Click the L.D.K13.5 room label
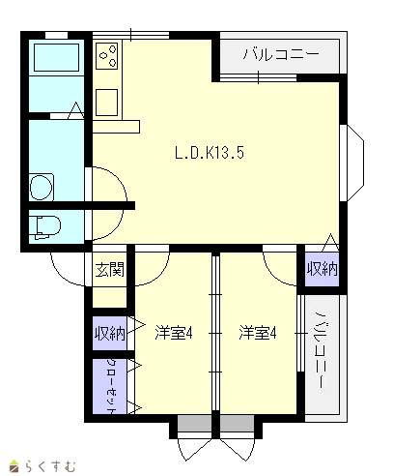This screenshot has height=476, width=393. (x=210, y=153)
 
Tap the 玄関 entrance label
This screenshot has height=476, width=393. (x=110, y=269)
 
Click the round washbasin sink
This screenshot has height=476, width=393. (x=42, y=188)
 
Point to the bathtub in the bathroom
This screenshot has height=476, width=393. (x=56, y=57)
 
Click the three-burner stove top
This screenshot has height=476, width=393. (x=107, y=55)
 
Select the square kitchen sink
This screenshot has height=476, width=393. (x=107, y=103)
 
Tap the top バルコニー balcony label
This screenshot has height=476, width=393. (x=281, y=54)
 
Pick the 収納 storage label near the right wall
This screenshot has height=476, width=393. (x=322, y=269)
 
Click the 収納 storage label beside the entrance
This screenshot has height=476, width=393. (x=110, y=333)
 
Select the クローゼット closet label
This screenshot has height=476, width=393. (x=111, y=386)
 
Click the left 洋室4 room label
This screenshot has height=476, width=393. (x=174, y=333)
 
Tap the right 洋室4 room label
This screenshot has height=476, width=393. (x=258, y=333)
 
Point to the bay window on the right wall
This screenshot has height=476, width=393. (x=352, y=163)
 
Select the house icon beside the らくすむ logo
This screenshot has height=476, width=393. (x=14, y=466)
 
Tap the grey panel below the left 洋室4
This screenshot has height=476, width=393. (x=194, y=423)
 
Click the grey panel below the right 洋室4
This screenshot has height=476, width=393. (x=238, y=423)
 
